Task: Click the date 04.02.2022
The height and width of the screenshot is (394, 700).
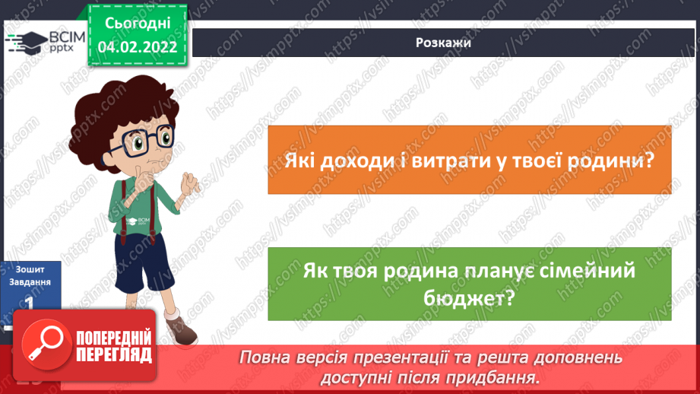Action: click(x=138, y=46)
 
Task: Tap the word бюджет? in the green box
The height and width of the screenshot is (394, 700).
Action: click(x=470, y=298)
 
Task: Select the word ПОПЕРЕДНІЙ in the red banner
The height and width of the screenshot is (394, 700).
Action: click(x=114, y=337)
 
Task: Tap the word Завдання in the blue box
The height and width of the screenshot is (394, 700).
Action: click(x=31, y=281)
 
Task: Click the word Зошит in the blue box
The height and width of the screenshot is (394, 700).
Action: click(x=30, y=268)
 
